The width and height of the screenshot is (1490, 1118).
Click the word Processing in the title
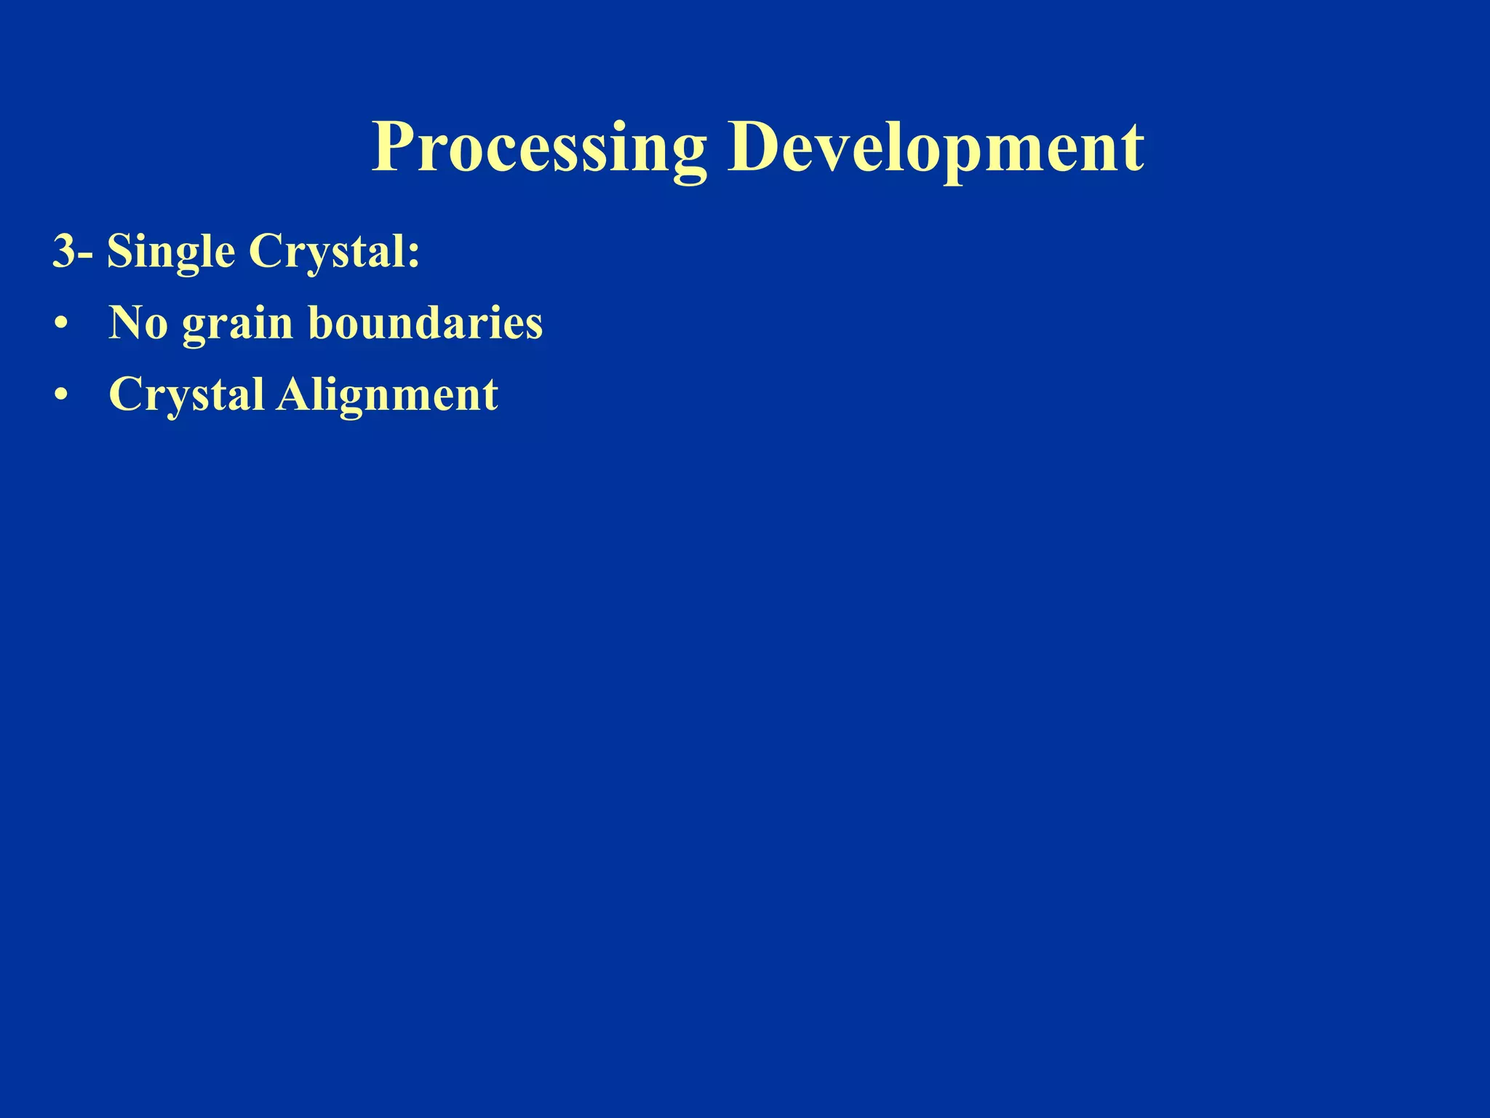point(539,149)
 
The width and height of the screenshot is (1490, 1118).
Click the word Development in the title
point(936,149)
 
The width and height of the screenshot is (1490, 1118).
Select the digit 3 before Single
point(64,252)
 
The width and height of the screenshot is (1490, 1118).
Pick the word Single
point(171,253)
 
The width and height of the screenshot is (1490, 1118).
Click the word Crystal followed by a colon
point(327,253)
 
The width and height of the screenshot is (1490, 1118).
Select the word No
point(138,323)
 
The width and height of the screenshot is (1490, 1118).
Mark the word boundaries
point(426,323)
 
